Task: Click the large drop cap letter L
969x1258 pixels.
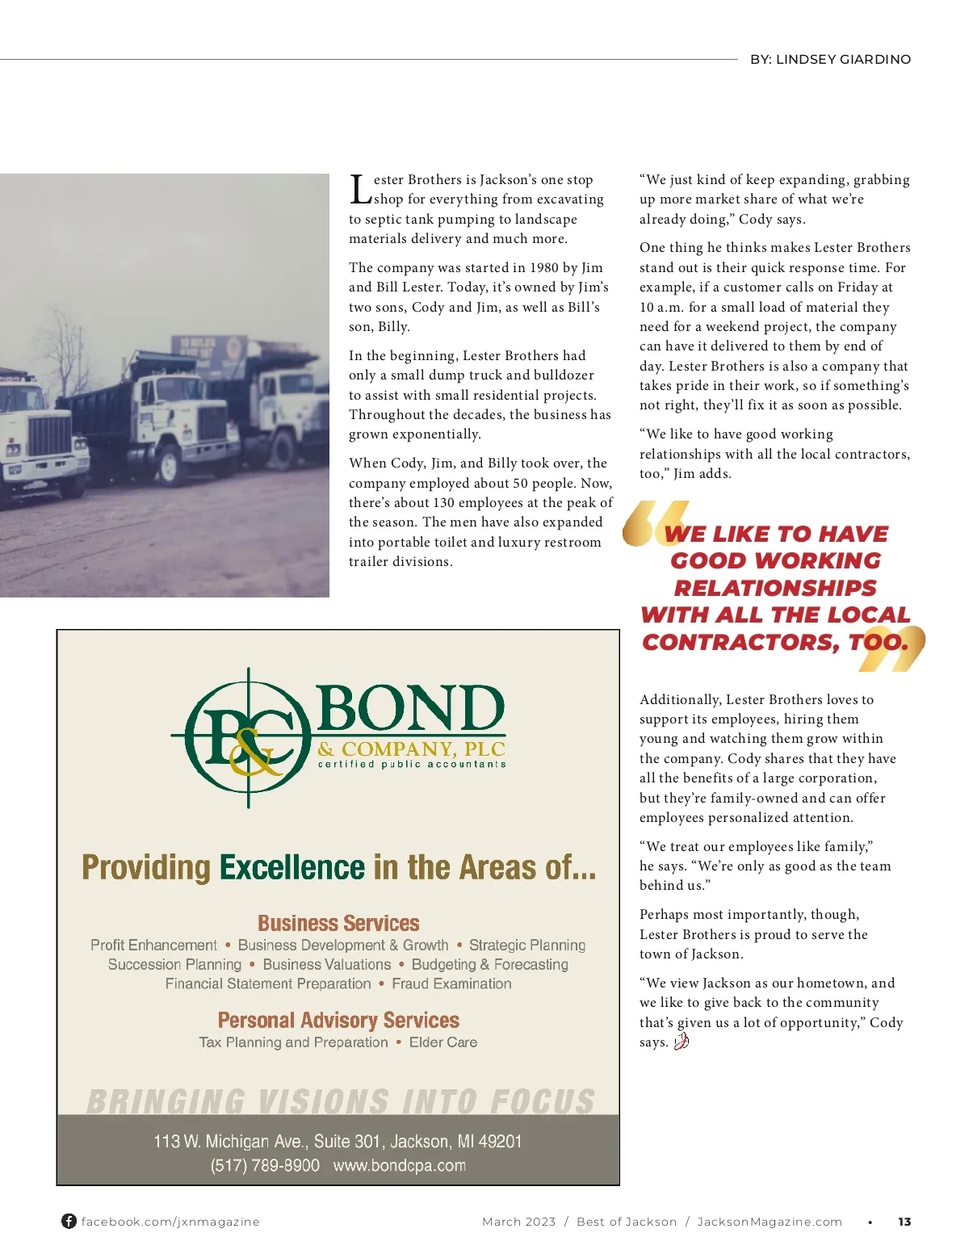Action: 360,190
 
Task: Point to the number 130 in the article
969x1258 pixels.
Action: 444,503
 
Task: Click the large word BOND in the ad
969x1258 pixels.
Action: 410,709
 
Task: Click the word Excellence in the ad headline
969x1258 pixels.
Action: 292,868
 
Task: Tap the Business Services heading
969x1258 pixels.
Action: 338,923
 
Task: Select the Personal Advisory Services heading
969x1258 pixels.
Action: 338,1021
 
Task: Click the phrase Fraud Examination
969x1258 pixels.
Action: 451,984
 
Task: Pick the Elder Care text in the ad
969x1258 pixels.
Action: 443,1042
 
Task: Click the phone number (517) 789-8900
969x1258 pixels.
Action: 265,1166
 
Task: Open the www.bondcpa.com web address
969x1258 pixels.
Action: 399,1166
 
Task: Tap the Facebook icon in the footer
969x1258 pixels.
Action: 69,1222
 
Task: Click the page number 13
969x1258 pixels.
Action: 904,1222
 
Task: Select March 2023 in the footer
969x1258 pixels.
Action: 518,1222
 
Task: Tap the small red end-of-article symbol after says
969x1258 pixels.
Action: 681,1042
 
